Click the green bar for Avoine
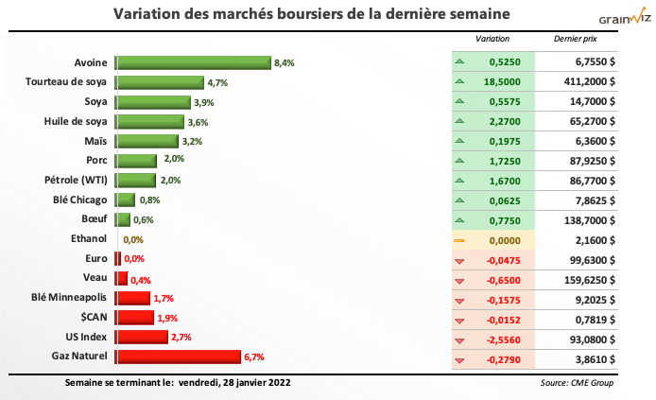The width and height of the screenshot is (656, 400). click(193, 63)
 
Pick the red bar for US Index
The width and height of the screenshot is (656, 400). click(141, 337)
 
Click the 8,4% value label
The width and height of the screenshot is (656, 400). click(284, 63)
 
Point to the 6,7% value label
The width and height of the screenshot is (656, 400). click(253, 357)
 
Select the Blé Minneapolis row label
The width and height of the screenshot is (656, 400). click(66, 298)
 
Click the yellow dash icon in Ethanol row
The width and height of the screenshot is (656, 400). click(459, 240)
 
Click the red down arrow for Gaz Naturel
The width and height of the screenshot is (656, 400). click(459, 357)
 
